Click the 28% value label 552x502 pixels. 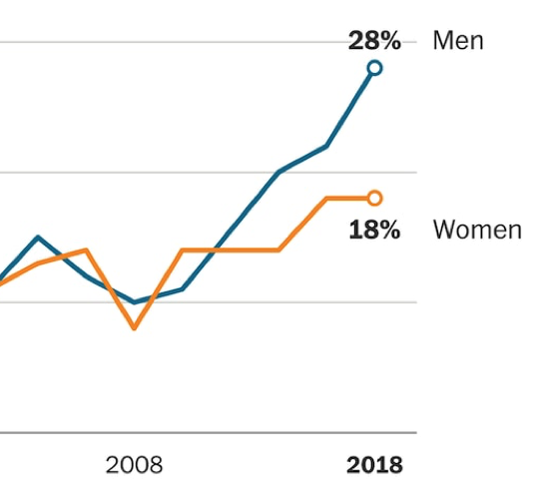(373, 41)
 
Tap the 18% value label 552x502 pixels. (373, 230)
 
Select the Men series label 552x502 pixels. (457, 41)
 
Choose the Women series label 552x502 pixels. (476, 230)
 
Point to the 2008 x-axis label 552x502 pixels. (134, 465)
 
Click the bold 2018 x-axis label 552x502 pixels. (374, 465)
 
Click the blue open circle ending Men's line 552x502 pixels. (374, 68)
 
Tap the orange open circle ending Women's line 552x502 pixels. (374, 198)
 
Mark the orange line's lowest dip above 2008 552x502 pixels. (134, 327)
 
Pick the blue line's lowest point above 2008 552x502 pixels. (134, 301)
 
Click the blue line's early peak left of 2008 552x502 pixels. (38, 237)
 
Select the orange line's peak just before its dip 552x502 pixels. (86, 251)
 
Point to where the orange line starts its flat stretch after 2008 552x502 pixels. (182, 250)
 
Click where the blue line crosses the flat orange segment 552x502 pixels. (212, 250)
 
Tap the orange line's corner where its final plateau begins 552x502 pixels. (326, 199)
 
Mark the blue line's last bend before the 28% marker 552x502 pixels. (326, 147)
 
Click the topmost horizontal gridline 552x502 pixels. (200, 42)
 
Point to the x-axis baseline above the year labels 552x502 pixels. (200, 433)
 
